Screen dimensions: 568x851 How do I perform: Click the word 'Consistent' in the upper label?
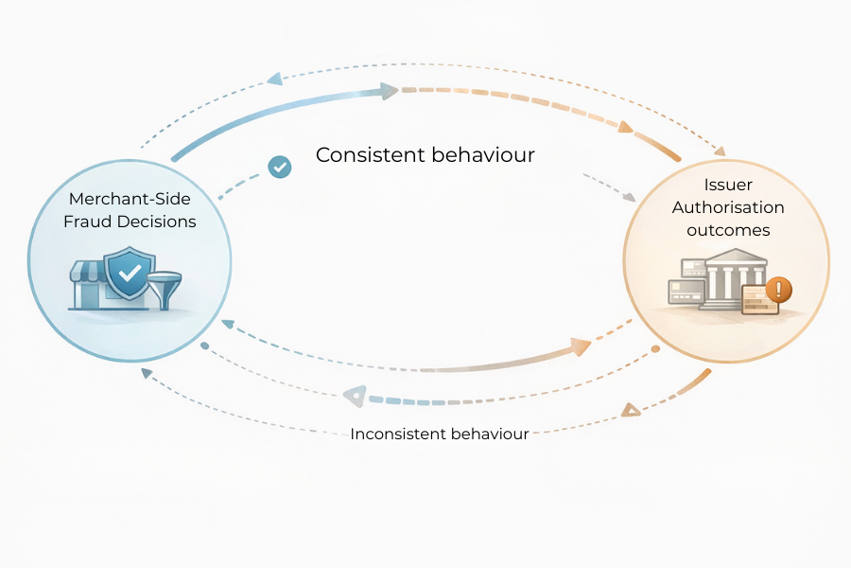pos(369,154)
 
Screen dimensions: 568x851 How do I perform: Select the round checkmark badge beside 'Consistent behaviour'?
pos(279,168)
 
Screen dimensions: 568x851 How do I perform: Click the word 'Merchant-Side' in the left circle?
pos(129,199)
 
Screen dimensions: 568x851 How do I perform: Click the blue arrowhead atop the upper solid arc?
pos(387,91)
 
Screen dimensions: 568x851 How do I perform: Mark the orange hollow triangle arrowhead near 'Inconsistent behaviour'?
pos(630,410)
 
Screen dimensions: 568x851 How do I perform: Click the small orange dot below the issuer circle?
pos(654,349)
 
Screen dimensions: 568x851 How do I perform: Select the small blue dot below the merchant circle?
pos(204,346)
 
